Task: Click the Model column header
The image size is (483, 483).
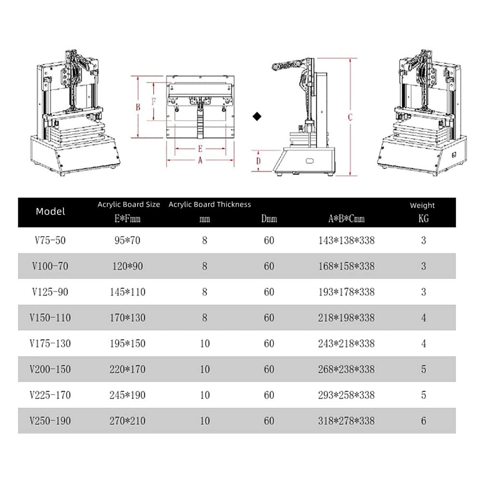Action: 50,212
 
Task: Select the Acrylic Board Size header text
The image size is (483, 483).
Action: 128,204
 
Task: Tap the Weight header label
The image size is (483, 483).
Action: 423,205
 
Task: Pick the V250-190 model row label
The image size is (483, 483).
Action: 51,421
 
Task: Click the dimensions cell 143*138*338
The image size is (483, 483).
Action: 346,240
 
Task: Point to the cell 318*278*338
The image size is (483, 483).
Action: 346,421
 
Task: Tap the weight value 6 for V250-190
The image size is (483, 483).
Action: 424,421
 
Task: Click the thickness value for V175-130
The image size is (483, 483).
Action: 205,343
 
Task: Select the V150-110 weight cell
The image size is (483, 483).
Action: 424,318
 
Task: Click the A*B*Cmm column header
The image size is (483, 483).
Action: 346,219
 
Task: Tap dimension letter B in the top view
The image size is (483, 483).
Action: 138,107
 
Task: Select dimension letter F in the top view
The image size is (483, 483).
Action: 154,102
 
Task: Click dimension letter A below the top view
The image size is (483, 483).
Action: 200,161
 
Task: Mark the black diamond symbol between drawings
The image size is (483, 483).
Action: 257,116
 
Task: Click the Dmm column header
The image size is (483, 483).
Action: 269,219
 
